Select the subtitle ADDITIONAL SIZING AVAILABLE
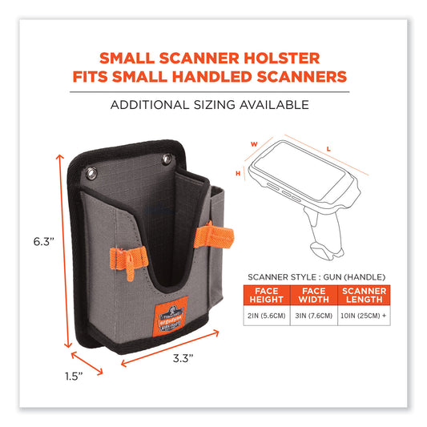pyautogui.click(x=213, y=105)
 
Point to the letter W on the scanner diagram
pyautogui.click(x=254, y=145)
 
